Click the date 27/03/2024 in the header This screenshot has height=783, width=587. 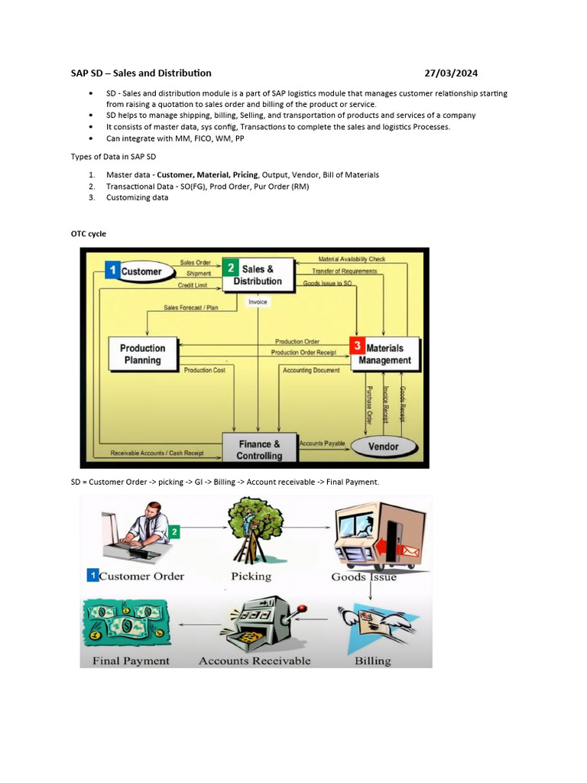click(x=452, y=73)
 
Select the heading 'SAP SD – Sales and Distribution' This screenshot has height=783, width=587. click(x=141, y=73)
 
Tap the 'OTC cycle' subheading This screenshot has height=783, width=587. click(x=89, y=233)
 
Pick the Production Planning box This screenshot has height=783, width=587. click(x=143, y=354)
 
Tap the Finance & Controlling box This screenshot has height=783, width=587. click(x=259, y=449)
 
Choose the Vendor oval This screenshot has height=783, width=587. click(x=383, y=447)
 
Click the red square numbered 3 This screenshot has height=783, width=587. click(x=356, y=346)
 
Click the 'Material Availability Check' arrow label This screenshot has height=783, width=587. click(x=352, y=259)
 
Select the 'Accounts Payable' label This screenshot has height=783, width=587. click(x=322, y=443)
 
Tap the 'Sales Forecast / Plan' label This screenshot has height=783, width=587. click(x=190, y=308)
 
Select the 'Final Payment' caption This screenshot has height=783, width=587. click(x=131, y=661)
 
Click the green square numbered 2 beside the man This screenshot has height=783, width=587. click(x=174, y=531)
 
